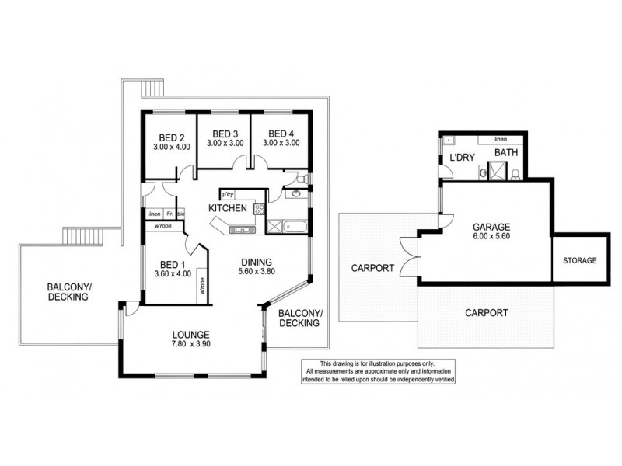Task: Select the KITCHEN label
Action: [x=228, y=208]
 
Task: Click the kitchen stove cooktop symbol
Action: [x=260, y=208]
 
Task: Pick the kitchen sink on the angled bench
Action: [x=237, y=228]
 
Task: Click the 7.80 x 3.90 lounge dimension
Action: [x=191, y=346]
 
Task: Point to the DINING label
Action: [x=254, y=262]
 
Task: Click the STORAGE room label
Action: [x=579, y=260]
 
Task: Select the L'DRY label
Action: [x=462, y=158]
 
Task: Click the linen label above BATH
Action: [x=500, y=139]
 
